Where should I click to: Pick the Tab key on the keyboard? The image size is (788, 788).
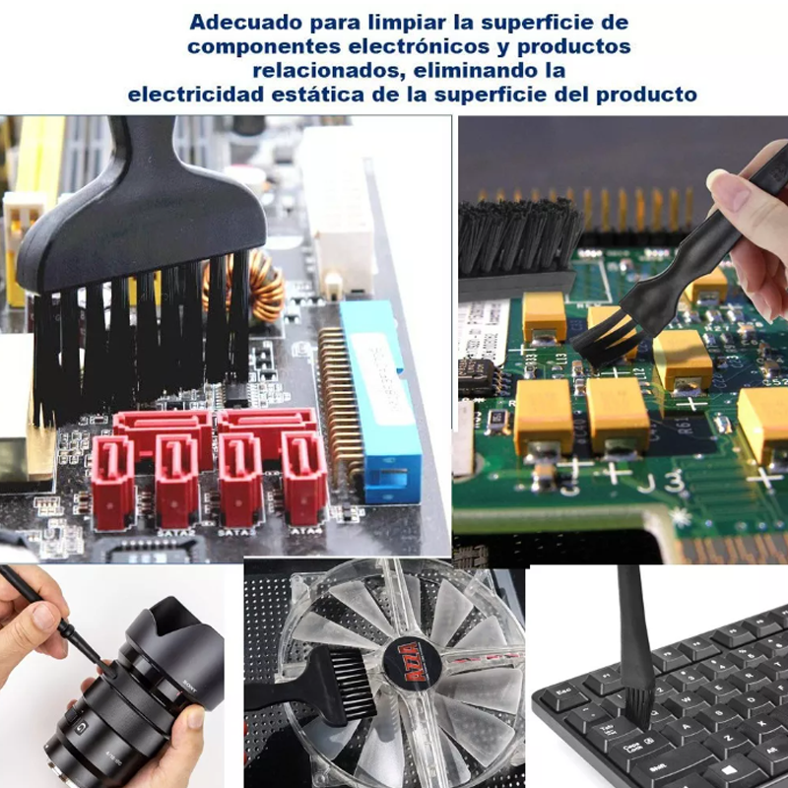coord(608,729)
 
